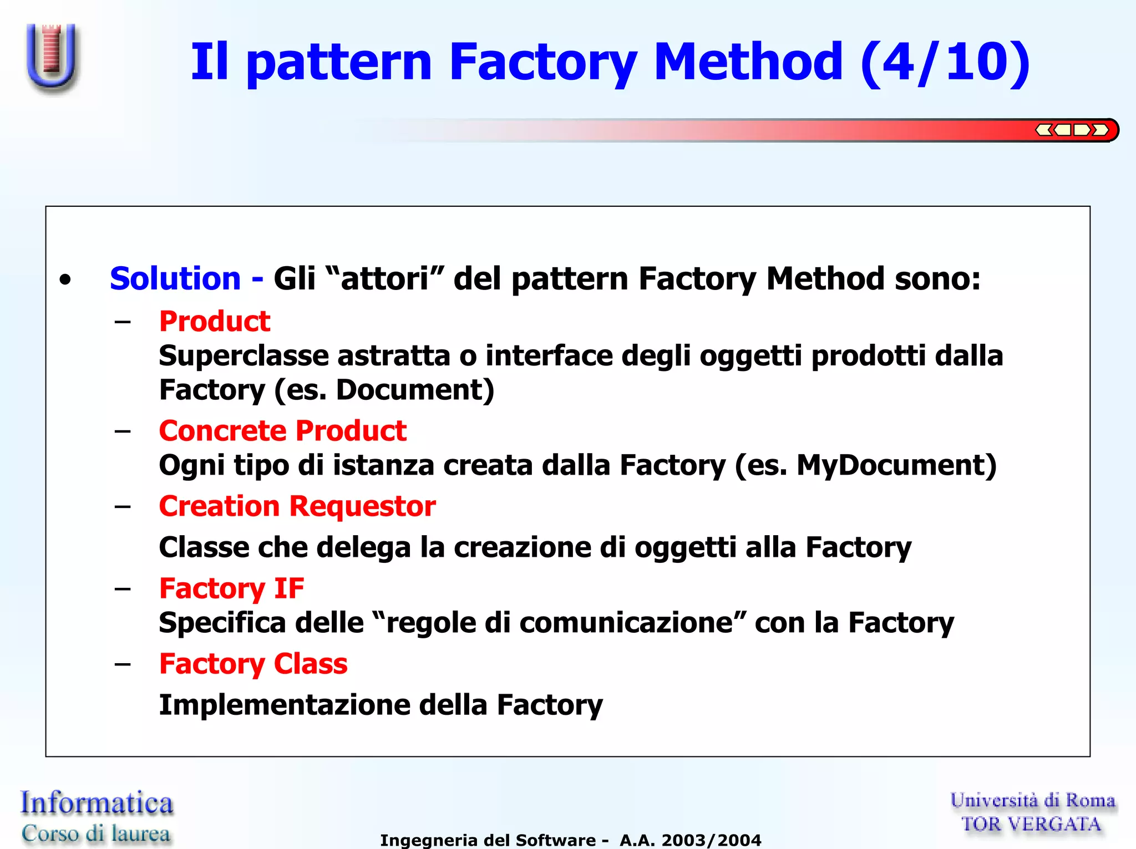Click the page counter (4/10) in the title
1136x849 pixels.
(945, 62)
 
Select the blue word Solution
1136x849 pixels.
(175, 278)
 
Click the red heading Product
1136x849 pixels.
(215, 322)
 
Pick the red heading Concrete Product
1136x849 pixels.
(283, 431)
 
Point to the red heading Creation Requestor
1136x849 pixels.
(297, 506)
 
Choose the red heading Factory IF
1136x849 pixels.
(232, 588)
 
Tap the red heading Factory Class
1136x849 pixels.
(253, 664)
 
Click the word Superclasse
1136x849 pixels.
(244, 355)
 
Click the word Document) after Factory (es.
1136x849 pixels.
(415, 390)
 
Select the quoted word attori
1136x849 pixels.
(384, 278)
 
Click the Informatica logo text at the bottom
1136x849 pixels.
(97, 803)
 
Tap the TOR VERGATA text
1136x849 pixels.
(1031, 824)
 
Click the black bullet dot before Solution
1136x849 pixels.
(65, 280)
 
